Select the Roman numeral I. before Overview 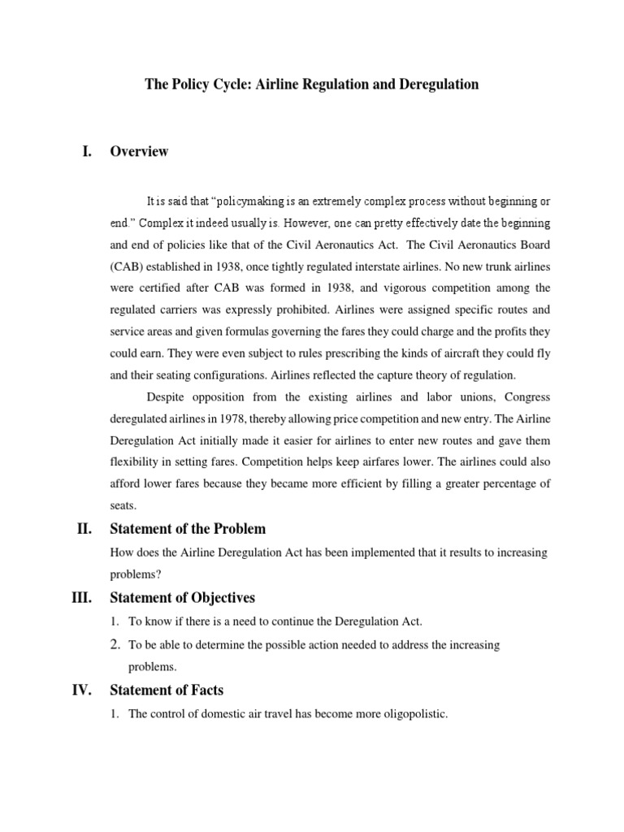click(88, 151)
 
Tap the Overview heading click(139, 151)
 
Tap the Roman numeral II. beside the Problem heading click(85, 530)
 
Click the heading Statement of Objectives click(182, 598)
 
